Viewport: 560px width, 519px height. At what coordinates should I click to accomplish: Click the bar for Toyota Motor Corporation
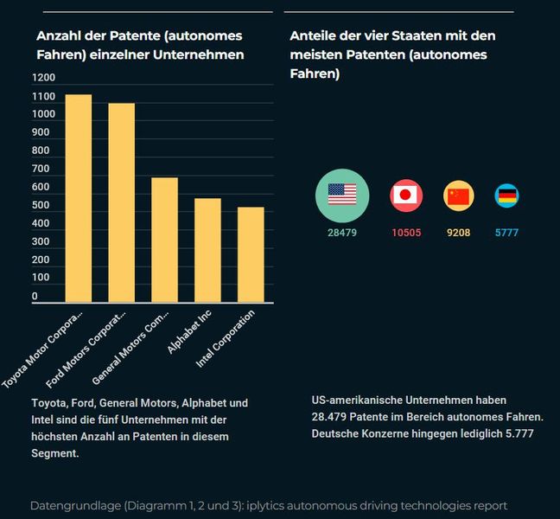[x=79, y=198]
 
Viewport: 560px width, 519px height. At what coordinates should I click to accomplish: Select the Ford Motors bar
[x=121, y=202]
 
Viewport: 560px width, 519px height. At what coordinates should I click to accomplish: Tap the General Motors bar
[x=164, y=240]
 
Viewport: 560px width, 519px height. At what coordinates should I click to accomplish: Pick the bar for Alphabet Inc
[x=207, y=250]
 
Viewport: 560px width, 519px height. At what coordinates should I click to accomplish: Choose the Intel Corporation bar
[x=251, y=254]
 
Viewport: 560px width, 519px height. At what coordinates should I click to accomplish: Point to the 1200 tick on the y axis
[x=43, y=78]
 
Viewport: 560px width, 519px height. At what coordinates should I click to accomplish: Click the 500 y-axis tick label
[x=40, y=205]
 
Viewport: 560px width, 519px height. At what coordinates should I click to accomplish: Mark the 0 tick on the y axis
[x=35, y=297]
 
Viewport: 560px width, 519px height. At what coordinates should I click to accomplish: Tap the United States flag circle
[x=341, y=195]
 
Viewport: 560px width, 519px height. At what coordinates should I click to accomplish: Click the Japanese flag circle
[x=405, y=195]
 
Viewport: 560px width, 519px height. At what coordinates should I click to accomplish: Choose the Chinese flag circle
[x=459, y=196]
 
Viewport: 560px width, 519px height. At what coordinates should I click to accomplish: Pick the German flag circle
[x=506, y=196]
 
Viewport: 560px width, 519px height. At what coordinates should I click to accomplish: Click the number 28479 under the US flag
[x=341, y=234]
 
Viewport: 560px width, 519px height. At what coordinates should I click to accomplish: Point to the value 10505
[x=405, y=234]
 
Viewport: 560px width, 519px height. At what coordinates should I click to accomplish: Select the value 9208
[x=458, y=234]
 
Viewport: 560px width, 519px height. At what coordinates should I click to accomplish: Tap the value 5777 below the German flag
[x=506, y=234]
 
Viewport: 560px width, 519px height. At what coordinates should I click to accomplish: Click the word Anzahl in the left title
[x=58, y=36]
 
